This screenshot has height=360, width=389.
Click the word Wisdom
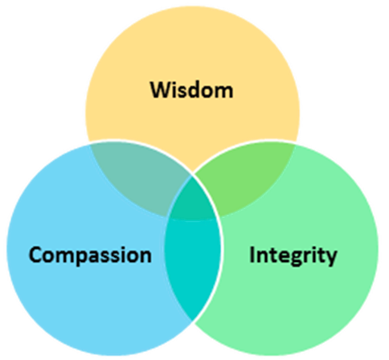pyautogui.click(x=192, y=89)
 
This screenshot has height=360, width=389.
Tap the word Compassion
pyautogui.click(x=90, y=256)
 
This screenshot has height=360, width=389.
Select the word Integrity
pyautogui.click(x=293, y=256)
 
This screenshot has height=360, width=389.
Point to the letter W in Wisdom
pyautogui.click(x=162, y=89)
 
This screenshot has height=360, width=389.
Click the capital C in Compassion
pyautogui.click(x=36, y=256)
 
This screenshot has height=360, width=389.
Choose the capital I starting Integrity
pyautogui.click(x=252, y=255)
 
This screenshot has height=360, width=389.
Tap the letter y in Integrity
pyautogui.click(x=331, y=258)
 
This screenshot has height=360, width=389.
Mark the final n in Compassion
pyautogui.click(x=145, y=256)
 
